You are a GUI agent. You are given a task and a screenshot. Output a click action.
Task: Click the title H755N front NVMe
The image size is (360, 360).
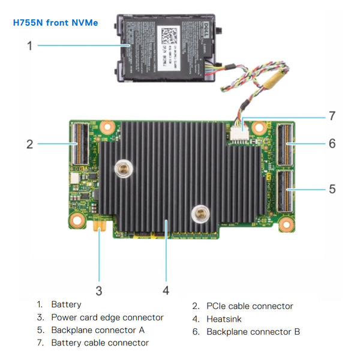55,23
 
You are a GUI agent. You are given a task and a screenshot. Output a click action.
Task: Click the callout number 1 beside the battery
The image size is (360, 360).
29,46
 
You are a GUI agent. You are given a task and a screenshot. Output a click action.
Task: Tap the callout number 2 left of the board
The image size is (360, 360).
29,144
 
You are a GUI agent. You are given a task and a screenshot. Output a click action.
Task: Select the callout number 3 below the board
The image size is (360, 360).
99,291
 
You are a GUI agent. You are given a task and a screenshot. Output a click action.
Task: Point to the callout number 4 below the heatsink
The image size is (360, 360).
166,291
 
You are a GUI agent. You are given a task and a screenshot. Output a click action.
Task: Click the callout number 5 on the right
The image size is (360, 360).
332,189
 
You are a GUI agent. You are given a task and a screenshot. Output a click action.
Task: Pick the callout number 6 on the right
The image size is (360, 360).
332,144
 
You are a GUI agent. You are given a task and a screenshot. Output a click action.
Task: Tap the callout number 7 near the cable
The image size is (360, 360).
332,115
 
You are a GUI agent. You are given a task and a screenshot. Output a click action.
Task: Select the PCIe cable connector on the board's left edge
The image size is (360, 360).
78,144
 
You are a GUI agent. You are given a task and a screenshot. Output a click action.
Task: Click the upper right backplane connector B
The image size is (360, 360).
285,144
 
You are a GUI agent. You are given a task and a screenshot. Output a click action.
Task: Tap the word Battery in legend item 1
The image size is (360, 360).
66,305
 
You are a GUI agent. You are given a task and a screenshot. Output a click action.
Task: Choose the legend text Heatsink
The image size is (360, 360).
224,319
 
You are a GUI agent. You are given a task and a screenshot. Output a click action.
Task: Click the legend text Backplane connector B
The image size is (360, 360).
253,331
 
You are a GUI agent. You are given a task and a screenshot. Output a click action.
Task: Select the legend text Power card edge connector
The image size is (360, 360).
107,317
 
